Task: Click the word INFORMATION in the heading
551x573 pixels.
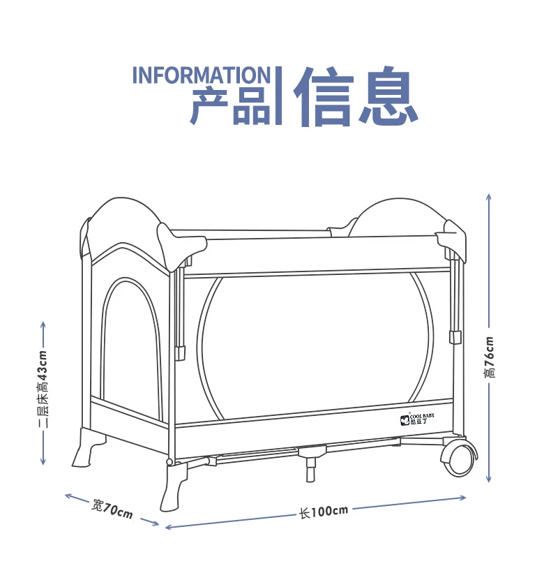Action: click(x=201, y=75)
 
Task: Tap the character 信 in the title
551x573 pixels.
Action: click(x=324, y=96)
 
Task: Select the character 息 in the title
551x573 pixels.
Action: click(x=388, y=96)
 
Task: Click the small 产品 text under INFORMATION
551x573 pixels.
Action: click(x=230, y=106)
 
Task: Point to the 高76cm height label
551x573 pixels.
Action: click(x=490, y=357)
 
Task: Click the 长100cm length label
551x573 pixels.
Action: click(x=324, y=512)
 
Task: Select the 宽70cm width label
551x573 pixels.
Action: click(x=112, y=509)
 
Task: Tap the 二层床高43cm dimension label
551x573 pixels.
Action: click(x=43, y=389)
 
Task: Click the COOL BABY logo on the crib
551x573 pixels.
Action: click(x=417, y=419)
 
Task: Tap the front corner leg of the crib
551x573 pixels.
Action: click(x=174, y=485)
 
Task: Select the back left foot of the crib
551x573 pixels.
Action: click(x=88, y=447)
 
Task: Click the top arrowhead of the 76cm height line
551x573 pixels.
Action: click(x=489, y=197)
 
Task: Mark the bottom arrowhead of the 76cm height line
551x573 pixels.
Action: click(x=489, y=479)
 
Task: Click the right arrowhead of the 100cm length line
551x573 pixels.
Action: click(x=462, y=498)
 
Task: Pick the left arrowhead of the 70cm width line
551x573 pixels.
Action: click(x=68, y=496)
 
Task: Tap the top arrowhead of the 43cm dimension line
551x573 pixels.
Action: click(x=43, y=325)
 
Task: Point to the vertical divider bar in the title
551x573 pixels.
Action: click(x=278, y=96)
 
